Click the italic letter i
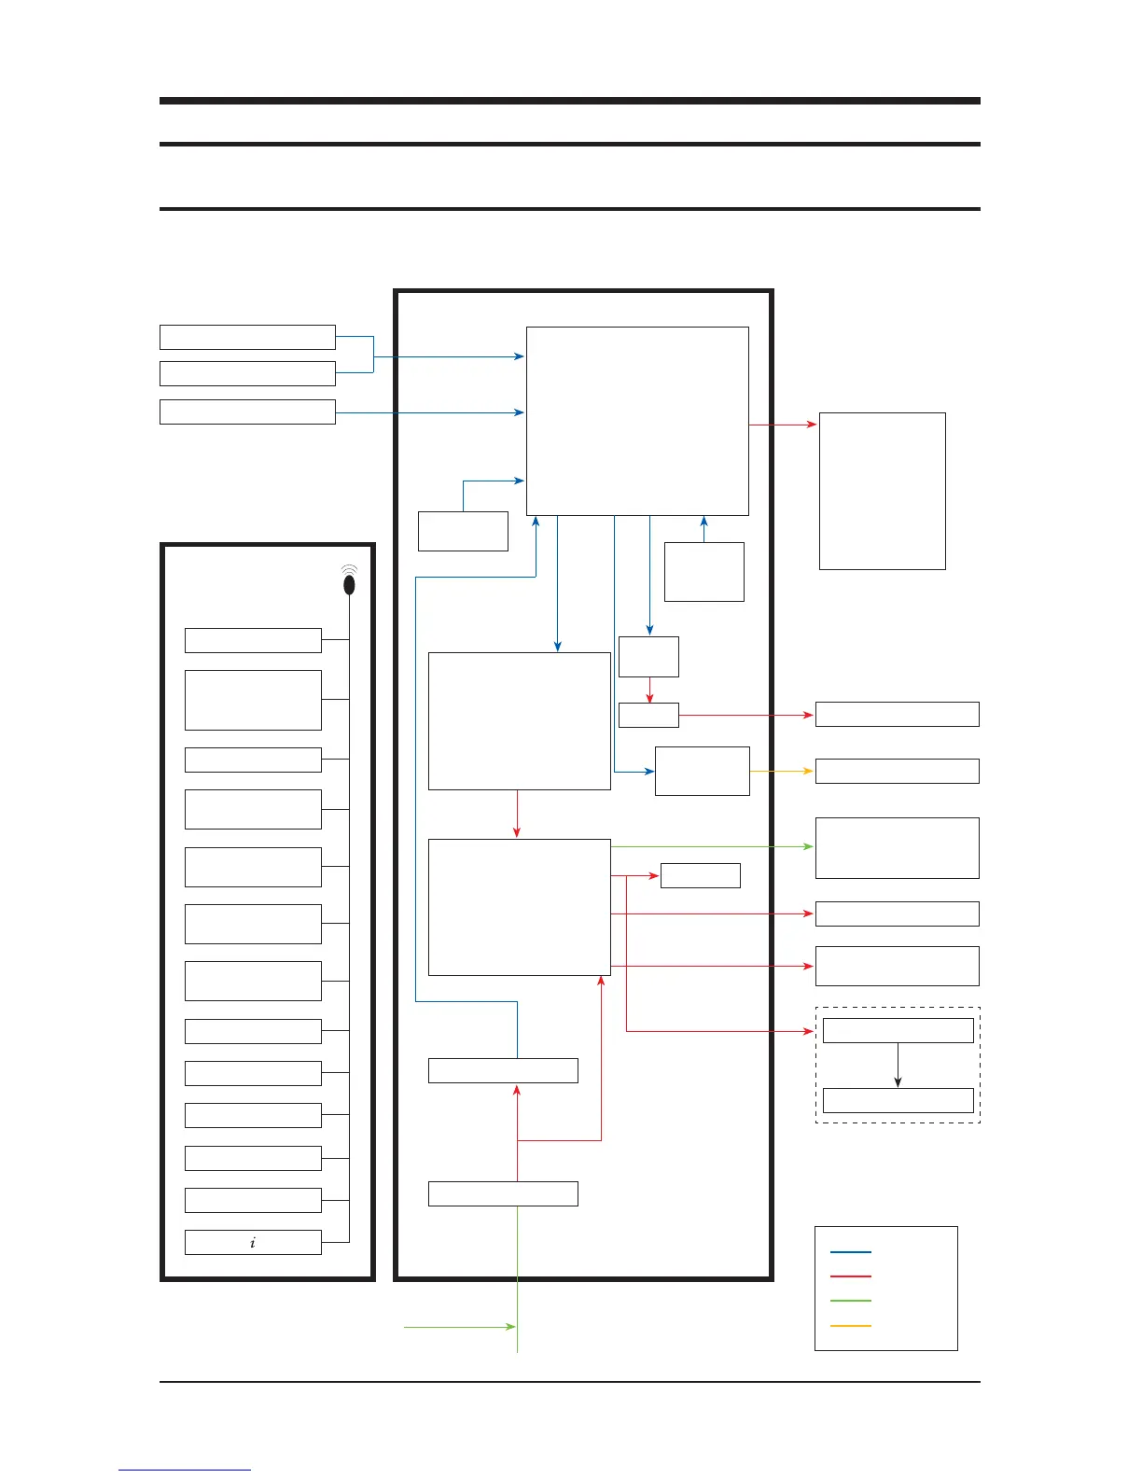253,1243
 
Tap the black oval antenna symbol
350,584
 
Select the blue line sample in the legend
850,1252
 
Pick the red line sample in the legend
850,1276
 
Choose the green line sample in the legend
850,1301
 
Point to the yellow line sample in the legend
850,1326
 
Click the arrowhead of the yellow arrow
809,772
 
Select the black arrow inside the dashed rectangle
898,1065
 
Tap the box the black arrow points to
898,1100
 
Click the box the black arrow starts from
898,1030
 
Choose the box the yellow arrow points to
897,771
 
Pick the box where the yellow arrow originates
702,771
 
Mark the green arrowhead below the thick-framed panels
510,1327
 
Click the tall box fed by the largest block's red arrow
882,491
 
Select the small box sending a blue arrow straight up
703,572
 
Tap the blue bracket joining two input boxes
373,356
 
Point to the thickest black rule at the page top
569,101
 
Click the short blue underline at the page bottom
185,1471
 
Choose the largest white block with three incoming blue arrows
637,421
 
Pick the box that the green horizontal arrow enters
897,848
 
